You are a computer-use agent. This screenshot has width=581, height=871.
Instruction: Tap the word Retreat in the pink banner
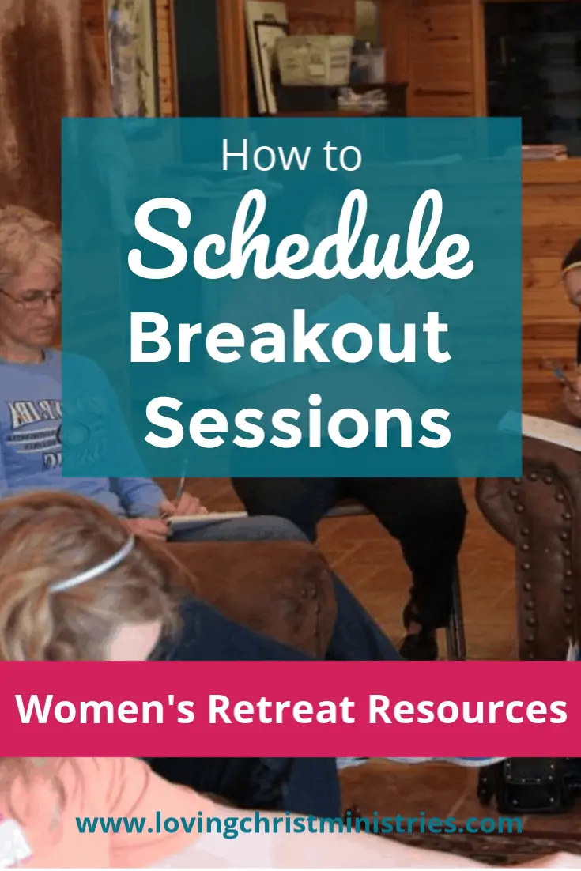pyautogui.click(x=281, y=709)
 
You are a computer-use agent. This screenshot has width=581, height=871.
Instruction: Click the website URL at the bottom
pyautogui.click(x=300, y=824)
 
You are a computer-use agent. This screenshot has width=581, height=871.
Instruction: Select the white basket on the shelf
pyautogui.click(x=315, y=58)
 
